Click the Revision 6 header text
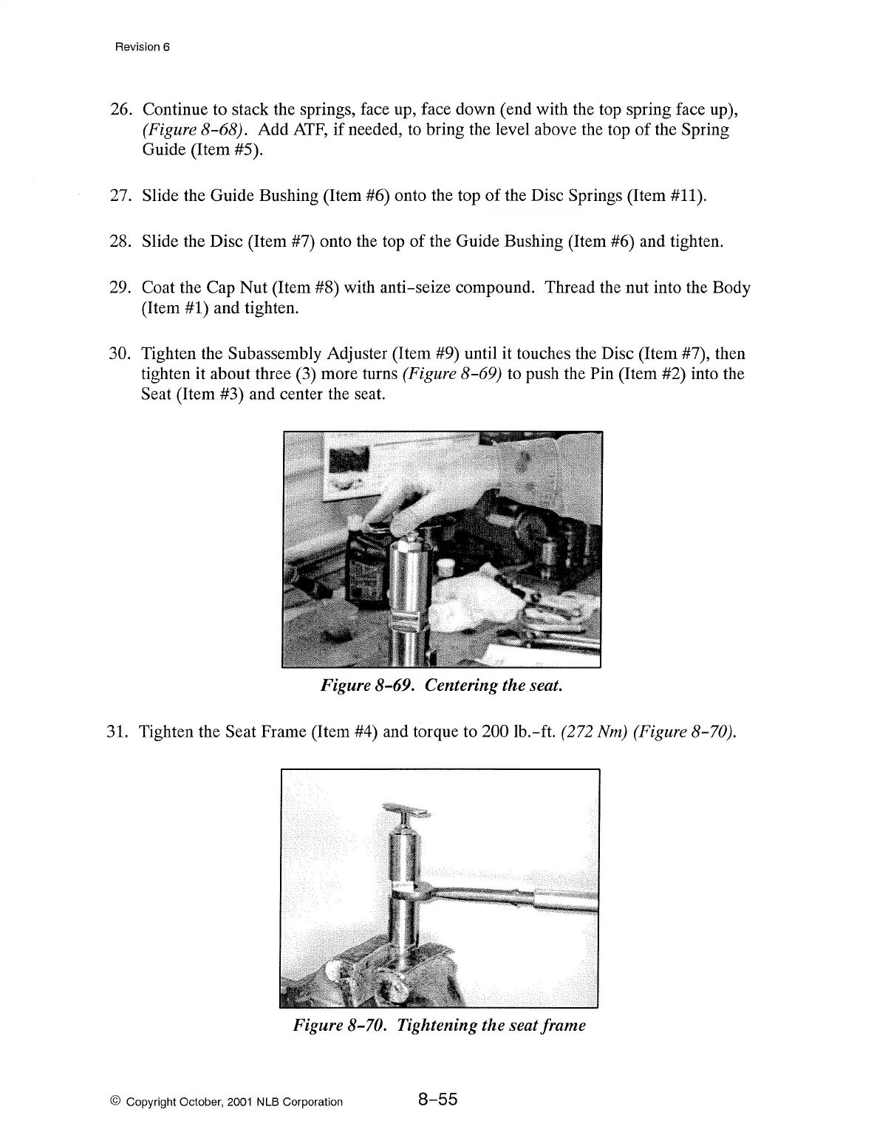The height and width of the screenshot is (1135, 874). pos(143,47)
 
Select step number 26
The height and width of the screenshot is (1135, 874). pos(120,110)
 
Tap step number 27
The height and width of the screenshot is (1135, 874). pos(120,196)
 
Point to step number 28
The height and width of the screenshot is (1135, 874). pos(120,242)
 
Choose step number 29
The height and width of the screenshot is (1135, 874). pos(120,287)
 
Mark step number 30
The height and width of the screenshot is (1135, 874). pos(120,354)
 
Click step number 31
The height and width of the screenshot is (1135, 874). pos(118,732)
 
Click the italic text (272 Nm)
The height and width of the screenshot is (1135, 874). pos(589,732)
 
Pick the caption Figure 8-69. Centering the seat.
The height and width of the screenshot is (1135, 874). pos(441,686)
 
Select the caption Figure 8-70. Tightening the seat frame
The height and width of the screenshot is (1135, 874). pos(440,1026)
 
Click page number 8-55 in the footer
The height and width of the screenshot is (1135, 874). pos(438,1100)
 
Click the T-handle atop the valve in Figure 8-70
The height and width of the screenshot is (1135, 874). pos(406,811)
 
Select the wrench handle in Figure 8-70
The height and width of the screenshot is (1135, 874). pos(517,899)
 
